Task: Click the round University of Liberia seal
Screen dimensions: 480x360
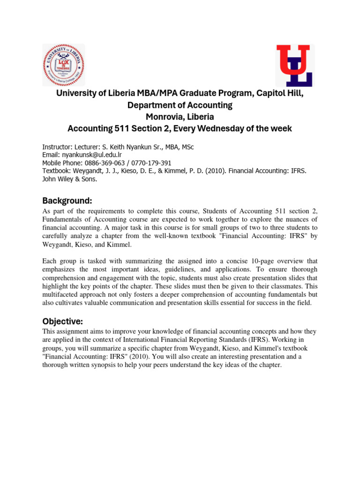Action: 64,65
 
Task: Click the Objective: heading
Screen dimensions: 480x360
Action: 62,322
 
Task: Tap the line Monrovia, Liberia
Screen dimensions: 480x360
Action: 180,117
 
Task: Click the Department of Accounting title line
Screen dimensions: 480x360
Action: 180,105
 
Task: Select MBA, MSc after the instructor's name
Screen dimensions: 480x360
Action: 177,147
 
